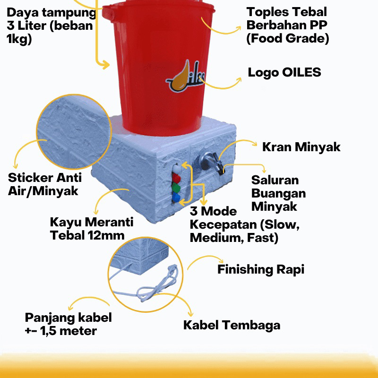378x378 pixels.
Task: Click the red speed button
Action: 177,178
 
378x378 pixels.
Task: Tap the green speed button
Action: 176,188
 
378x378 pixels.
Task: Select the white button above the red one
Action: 176,168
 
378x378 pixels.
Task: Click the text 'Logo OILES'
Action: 284,72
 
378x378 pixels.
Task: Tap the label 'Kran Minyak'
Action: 301,147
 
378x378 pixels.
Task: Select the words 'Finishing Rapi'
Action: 261,269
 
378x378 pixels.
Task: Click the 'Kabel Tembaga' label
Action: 232,325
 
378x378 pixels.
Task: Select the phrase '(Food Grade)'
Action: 287,39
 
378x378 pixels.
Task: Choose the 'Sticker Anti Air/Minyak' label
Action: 44,184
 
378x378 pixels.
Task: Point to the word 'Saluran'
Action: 275,180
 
